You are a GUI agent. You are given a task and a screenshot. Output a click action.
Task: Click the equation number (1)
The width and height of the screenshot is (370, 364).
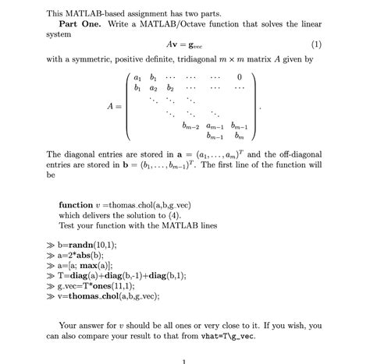315,44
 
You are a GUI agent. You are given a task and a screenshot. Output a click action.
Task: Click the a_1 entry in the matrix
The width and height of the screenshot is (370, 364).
137,77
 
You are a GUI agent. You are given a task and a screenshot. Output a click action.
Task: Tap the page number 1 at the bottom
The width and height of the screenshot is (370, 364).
184,360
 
